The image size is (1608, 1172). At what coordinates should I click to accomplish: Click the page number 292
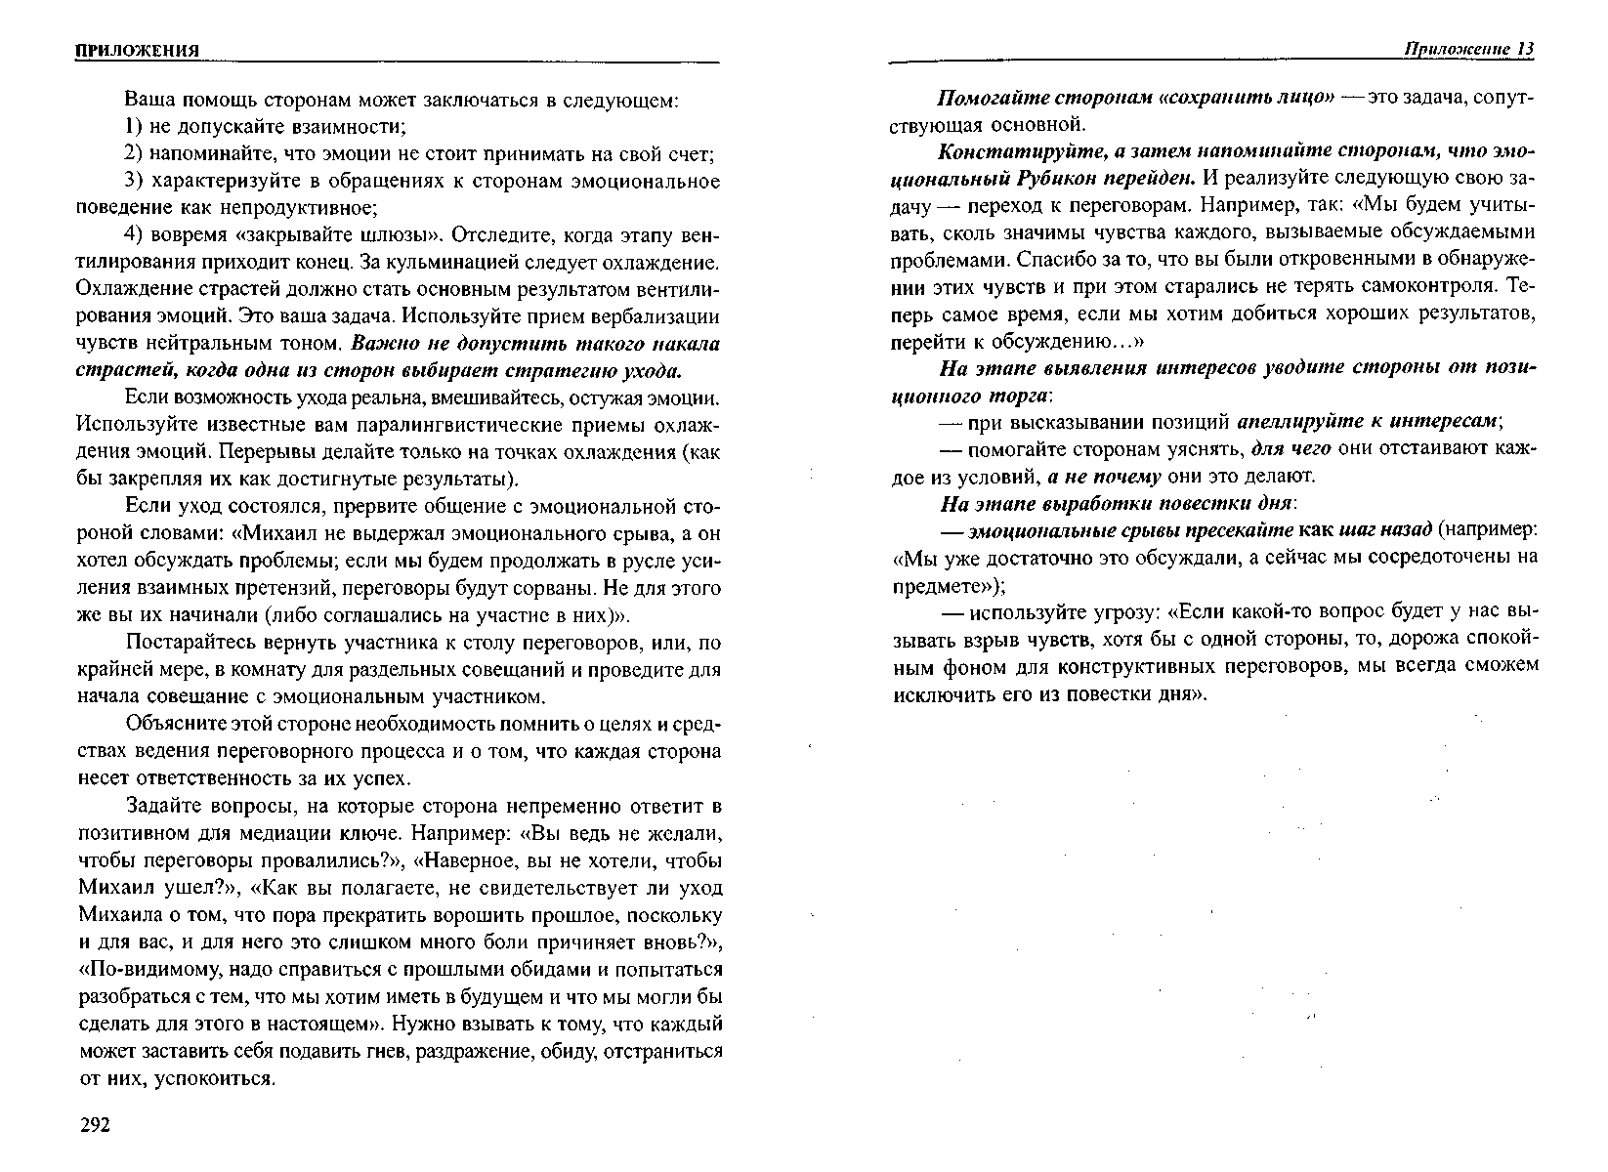(95, 1126)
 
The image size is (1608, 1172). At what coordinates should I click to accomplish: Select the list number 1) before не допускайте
(135, 127)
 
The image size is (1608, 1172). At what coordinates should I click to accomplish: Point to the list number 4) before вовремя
(135, 236)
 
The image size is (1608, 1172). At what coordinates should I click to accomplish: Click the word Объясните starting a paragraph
(174, 725)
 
